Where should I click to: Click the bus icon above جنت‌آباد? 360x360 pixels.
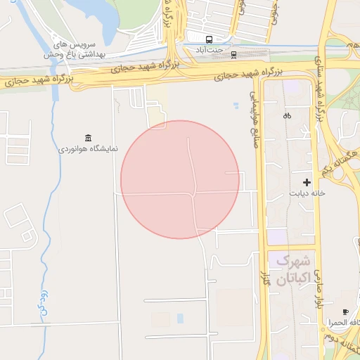coord(209,39)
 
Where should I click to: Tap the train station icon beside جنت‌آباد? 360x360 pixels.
coord(234,53)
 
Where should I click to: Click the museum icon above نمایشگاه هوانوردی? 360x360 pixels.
coord(88,137)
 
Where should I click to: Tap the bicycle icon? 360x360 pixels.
coord(287,115)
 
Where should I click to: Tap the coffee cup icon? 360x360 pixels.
coord(345,311)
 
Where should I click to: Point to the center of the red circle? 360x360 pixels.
coord(180,179)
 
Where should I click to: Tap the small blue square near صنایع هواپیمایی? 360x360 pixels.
coord(236,106)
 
